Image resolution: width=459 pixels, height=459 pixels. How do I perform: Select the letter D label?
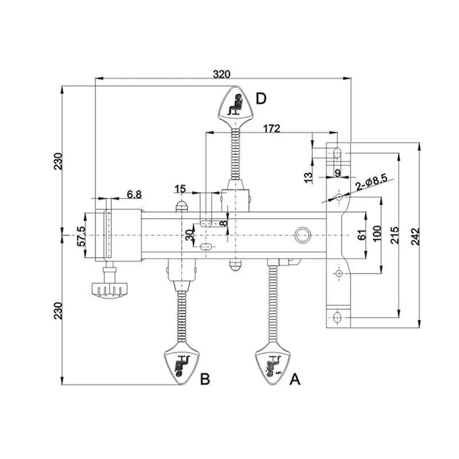pos(261,99)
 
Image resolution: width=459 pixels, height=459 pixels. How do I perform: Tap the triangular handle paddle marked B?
pos(181,365)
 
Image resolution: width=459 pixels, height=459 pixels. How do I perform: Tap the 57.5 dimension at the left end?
pos(81,236)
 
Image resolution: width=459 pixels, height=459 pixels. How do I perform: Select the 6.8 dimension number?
pos(134,195)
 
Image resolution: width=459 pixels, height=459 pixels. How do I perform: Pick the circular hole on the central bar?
pos(302,234)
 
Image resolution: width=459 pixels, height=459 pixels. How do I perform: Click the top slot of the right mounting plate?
pos(337,154)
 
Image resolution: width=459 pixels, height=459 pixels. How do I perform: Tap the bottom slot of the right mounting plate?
pos(337,317)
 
